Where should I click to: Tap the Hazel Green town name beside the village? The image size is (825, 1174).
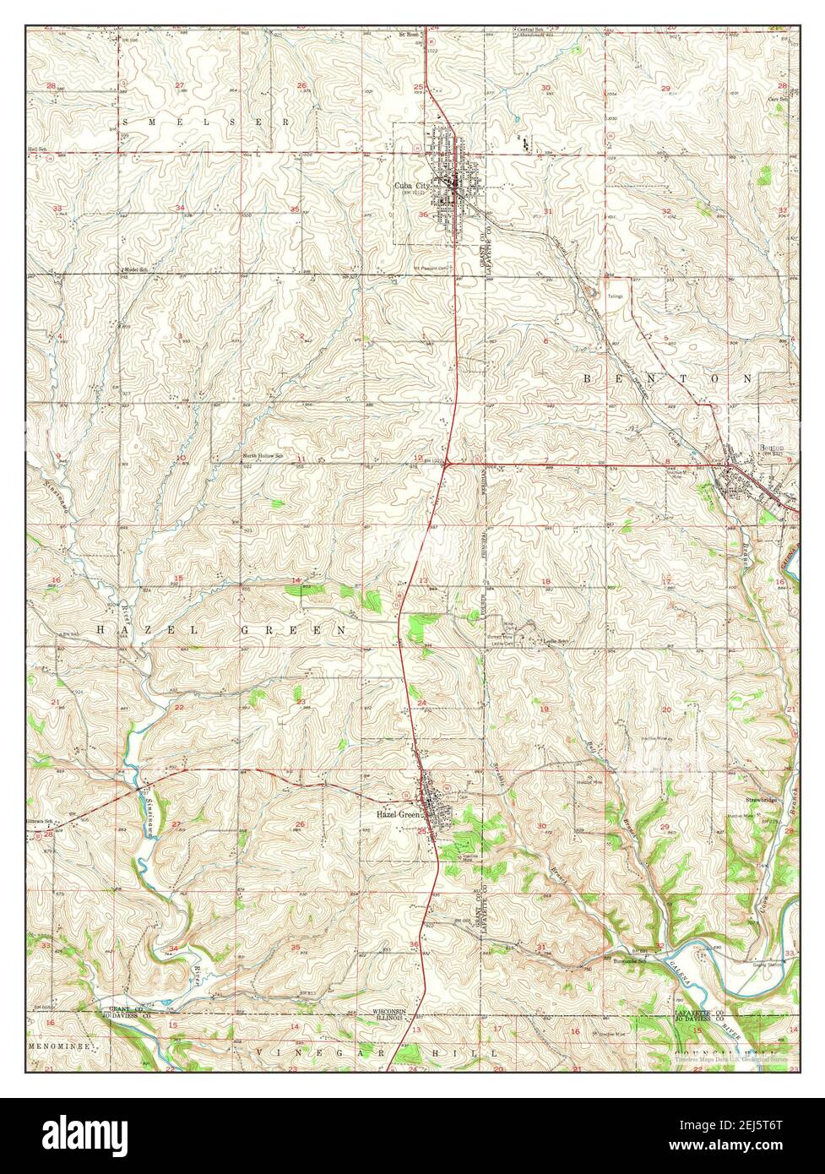click(x=398, y=815)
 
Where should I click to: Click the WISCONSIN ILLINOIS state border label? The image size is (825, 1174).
click(x=390, y=1015)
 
